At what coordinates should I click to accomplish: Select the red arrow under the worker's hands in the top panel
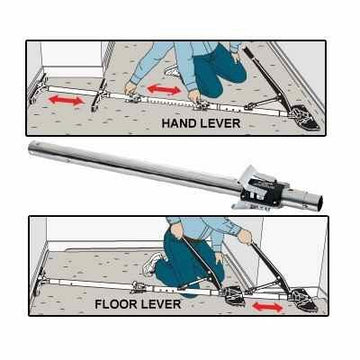coord(162,92)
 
